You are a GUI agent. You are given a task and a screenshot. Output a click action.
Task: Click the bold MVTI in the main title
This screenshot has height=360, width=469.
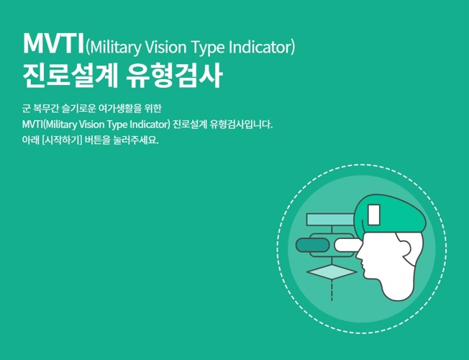[53, 44]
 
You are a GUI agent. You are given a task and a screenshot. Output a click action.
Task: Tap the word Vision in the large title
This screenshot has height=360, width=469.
[165, 47]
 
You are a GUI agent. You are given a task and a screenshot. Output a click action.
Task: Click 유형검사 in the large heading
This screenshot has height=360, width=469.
[174, 76]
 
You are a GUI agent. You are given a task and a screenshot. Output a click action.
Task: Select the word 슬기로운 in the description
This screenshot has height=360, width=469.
[78, 108]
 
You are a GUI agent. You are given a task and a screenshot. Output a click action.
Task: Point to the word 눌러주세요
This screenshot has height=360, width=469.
[136, 140]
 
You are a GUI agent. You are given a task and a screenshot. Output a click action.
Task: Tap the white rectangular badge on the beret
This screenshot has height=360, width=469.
[373, 215]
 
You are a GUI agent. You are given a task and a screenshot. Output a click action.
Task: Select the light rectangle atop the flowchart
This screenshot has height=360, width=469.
[330, 220]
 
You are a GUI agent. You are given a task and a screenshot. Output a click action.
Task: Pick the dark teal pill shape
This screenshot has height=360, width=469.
[312, 246]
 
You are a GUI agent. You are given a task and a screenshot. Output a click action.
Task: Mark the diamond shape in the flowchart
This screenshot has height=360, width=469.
[332, 272]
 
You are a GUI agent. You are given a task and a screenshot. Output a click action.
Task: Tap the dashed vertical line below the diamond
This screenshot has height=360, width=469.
[332, 290]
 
